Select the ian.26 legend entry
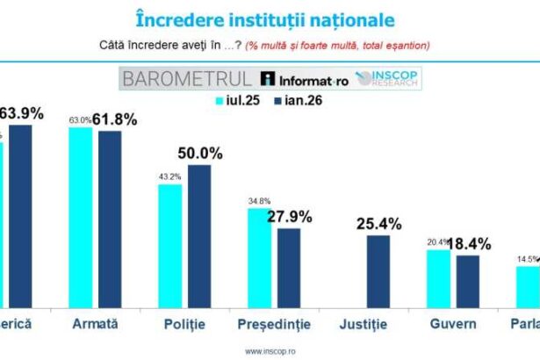click(x=299, y=101)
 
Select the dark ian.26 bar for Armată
click(x=111, y=220)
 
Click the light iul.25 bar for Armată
click(x=80, y=218)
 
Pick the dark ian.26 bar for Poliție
click(x=199, y=237)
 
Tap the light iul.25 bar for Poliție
click(x=169, y=247)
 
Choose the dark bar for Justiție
click(x=378, y=272)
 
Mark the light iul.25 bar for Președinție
click(x=259, y=259)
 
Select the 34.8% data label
click(x=259, y=201)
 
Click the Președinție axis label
click(x=274, y=325)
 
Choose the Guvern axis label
click(x=454, y=324)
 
